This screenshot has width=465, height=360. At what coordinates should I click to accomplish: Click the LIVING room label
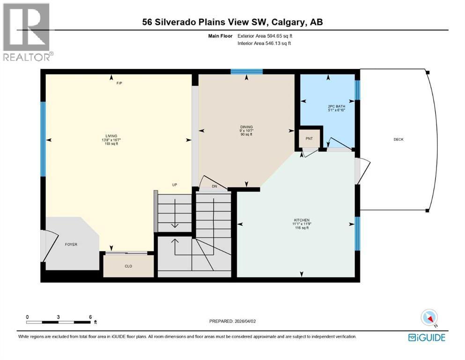111,136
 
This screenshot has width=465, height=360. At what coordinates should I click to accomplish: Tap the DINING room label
246,127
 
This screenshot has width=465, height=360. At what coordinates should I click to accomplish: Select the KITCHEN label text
302,220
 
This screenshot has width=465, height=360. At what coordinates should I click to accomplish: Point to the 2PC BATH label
336,106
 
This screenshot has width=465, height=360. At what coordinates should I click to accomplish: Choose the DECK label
399,139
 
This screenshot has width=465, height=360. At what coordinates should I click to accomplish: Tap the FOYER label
71,244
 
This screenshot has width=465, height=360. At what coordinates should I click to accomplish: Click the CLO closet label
128,266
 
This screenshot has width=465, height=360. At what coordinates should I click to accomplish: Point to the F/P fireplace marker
119,83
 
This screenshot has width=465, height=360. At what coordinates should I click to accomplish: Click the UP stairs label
174,185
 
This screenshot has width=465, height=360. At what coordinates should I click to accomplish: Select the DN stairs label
214,187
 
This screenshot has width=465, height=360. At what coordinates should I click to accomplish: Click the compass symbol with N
429,318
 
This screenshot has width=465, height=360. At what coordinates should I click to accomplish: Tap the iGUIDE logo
427,337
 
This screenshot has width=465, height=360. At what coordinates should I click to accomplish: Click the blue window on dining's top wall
246,72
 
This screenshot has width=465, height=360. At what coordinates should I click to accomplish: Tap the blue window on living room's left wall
43,139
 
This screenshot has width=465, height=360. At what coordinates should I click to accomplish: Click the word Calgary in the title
289,22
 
